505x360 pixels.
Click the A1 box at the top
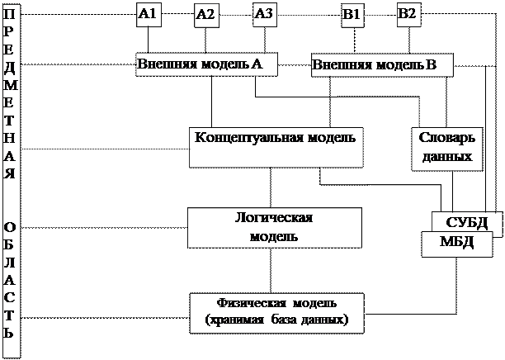[148, 13]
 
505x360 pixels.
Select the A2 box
[205, 14]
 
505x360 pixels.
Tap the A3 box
[264, 13]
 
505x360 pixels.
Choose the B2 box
[408, 13]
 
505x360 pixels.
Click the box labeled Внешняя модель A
[205, 64]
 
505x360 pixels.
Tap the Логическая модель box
[274, 227]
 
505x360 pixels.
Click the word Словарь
[446, 139]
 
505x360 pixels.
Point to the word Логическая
[274, 218]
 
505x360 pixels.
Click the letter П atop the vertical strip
[8, 16]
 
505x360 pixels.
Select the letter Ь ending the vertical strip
[8, 334]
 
